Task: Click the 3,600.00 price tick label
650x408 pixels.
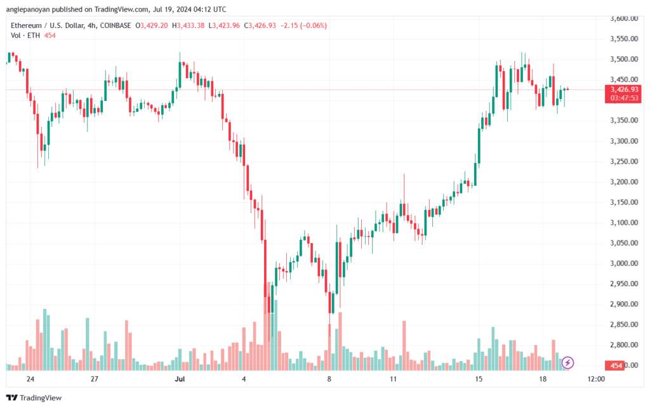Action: pyautogui.click(x=624, y=18)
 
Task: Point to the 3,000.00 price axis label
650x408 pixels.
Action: pyautogui.click(x=624, y=263)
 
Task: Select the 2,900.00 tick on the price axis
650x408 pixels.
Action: pyautogui.click(x=624, y=304)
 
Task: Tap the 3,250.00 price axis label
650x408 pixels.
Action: pyautogui.click(x=624, y=162)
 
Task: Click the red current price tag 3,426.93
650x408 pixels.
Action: pyautogui.click(x=624, y=89)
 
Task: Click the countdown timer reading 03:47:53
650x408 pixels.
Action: pyautogui.click(x=624, y=98)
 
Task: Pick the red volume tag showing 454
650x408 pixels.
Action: pyautogui.click(x=616, y=365)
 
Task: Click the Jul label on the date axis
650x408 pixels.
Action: pyautogui.click(x=180, y=379)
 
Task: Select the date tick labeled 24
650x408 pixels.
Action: pyautogui.click(x=30, y=379)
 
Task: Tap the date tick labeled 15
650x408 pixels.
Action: pyautogui.click(x=479, y=379)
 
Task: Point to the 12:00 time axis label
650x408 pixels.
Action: pyautogui.click(x=596, y=379)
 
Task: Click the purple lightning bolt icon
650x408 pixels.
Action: pyautogui.click(x=567, y=363)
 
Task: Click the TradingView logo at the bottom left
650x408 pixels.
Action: pyautogui.click(x=34, y=398)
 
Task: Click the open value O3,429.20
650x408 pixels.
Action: pyautogui.click(x=152, y=25)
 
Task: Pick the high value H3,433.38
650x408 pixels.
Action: pyautogui.click(x=188, y=25)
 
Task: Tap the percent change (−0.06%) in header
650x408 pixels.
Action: pyautogui.click(x=313, y=25)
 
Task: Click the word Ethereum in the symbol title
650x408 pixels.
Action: pyautogui.click(x=26, y=25)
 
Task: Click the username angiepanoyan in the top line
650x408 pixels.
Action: pyautogui.click(x=28, y=9)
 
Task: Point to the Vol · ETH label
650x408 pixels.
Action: pyautogui.click(x=25, y=36)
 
